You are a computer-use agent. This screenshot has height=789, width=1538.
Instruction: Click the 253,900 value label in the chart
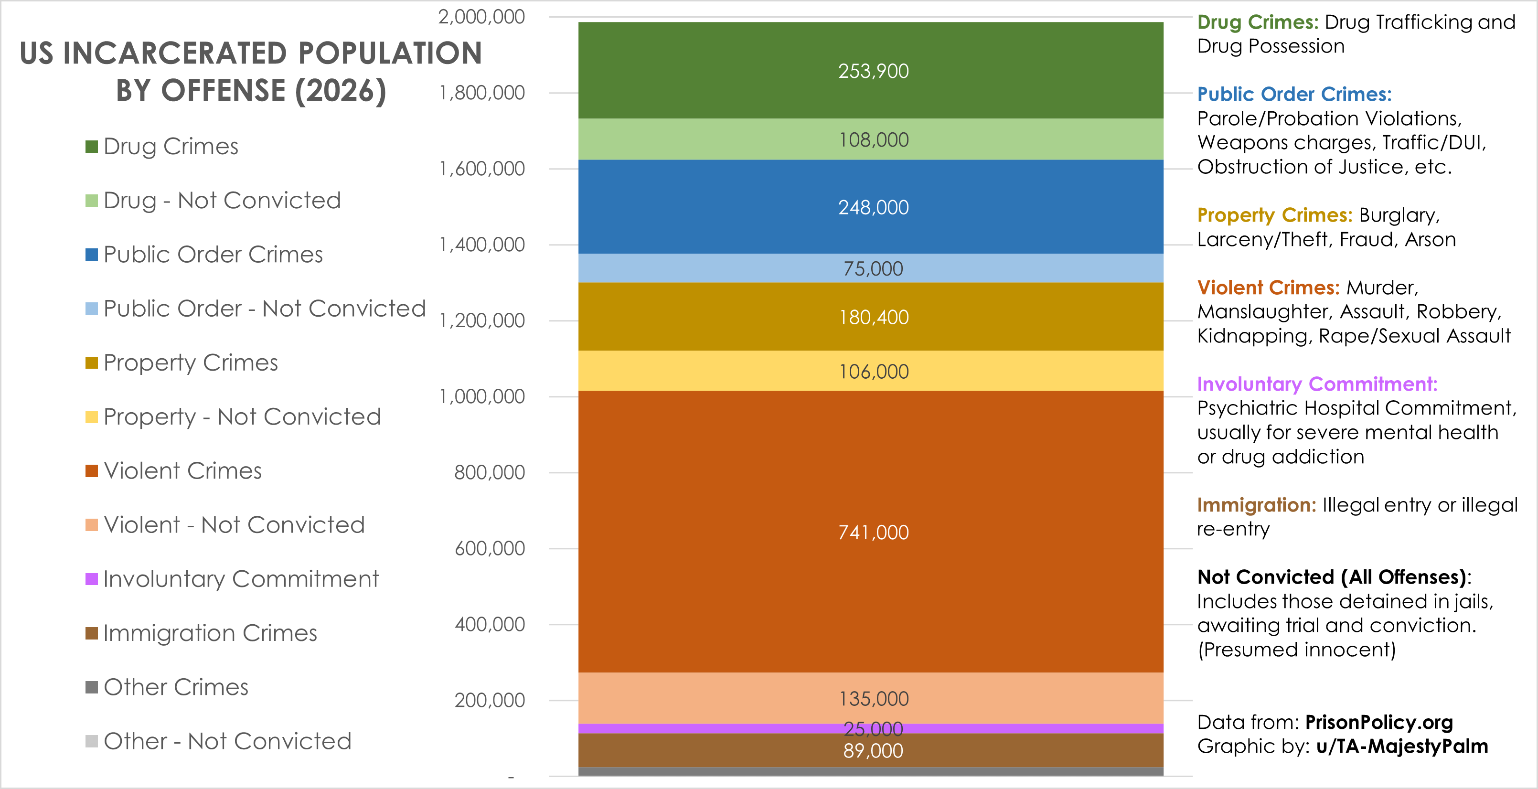click(x=873, y=71)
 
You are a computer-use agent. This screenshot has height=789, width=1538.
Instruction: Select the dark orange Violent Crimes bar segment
click(x=716, y=531)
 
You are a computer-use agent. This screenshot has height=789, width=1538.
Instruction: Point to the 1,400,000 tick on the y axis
click(x=482, y=245)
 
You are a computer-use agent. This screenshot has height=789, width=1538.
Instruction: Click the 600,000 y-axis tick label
click(x=490, y=548)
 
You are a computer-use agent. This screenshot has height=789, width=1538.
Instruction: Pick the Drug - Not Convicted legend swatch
click(x=91, y=201)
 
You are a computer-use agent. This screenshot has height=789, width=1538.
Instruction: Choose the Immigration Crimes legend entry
click(x=210, y=633)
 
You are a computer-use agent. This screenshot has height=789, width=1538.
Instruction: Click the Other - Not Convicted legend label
click(x=227, y=741)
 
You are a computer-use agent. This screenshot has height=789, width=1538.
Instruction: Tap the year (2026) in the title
click(x=340, y=91)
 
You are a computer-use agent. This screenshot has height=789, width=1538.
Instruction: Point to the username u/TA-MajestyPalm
click(x=1401, y=746)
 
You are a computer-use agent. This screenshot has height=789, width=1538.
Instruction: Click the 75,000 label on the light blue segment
click(x=873, y=268)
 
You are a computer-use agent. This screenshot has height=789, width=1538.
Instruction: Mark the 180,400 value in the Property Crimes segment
click(x=874, y=318)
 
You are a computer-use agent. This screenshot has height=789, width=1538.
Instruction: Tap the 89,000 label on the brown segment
click(x=873, y=751)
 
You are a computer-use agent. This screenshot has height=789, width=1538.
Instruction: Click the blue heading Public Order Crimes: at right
click(x=1294, y=94)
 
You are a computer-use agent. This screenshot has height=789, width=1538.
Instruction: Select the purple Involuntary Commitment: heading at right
click(x=1317, y=384)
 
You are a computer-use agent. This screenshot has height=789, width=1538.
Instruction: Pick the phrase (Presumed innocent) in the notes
click(x=1296, y=650)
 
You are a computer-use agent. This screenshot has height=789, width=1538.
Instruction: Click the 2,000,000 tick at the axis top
click(x=481, y=17)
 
